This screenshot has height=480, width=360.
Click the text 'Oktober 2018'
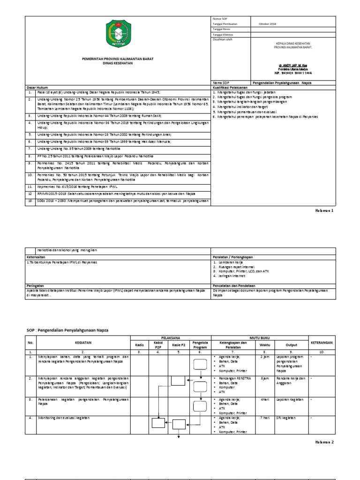(x=267, y=23)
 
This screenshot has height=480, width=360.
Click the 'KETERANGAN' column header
(x=322, y=343)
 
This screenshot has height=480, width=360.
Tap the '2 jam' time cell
(x=264, y=357)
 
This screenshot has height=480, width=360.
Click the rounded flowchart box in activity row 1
(x=200, y=364)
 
